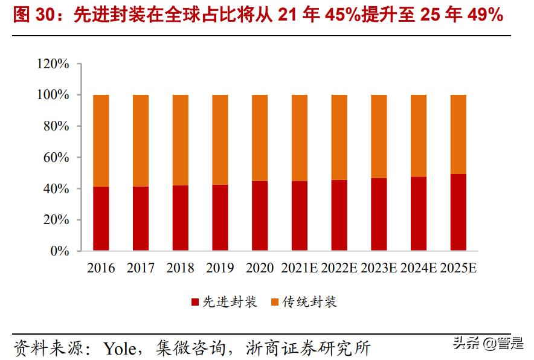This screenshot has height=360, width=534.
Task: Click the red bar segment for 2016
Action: click(101, 219)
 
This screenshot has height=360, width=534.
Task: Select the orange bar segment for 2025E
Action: click(458, 134)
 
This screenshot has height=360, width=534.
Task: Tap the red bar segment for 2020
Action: click(260, 216)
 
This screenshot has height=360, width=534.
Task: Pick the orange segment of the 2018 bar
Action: click(181, 140)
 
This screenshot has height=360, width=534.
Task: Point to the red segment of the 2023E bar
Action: click(379, 214)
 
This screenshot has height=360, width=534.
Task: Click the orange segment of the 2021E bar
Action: click(300, 138)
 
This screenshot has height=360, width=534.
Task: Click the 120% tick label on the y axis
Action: click(53, 64)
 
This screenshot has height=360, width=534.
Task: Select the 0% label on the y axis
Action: click(60, 251)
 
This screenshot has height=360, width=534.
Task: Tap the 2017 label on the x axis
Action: click(141, 268)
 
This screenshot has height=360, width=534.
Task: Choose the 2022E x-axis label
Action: click(339, 268)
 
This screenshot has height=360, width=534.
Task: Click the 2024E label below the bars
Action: click(419, 268)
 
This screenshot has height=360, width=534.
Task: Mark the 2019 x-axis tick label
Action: click(220, 268)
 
